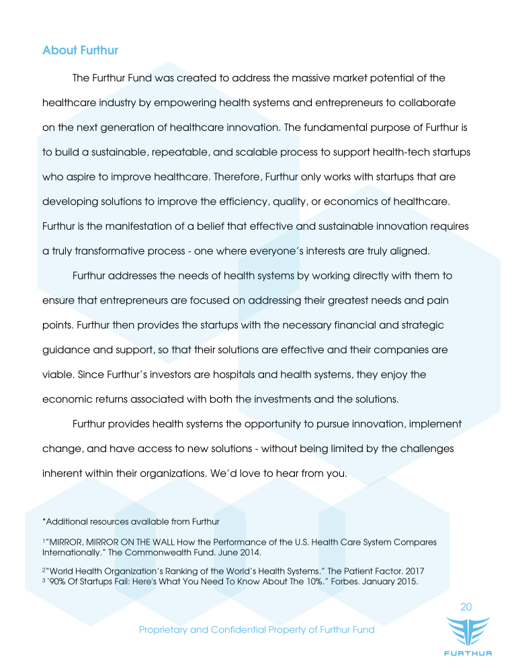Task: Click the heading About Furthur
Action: [80, 50]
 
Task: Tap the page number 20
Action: [466, 607]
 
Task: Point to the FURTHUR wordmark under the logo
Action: [468, 653]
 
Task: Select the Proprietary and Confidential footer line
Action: [256, 629]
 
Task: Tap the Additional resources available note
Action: [131, 521]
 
